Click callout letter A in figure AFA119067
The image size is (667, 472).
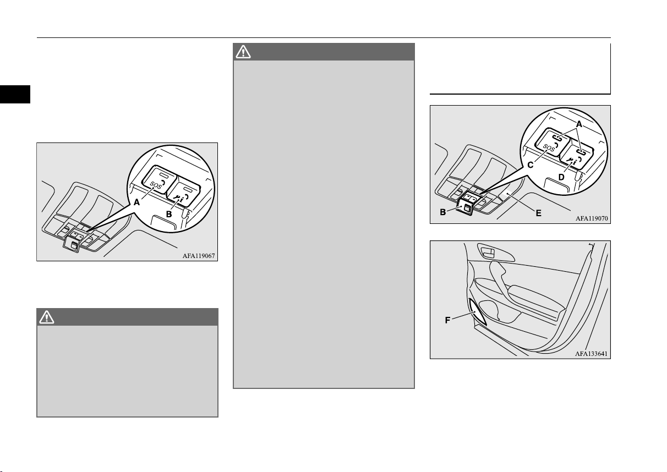136,202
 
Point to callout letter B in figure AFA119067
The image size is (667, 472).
169,215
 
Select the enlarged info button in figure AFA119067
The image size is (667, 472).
183,192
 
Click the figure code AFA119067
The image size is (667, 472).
199,256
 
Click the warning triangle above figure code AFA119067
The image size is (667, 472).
243,52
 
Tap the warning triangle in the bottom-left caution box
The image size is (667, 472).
47,317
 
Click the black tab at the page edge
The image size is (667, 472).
15,94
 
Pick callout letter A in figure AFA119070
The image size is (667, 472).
579,124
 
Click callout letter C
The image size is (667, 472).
531,165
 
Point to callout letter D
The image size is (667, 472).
561,177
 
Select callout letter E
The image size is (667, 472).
538,213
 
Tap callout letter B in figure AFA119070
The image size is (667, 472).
443,212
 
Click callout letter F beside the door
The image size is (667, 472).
447,320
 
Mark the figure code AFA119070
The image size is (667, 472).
592,218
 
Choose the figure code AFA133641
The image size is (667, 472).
591,354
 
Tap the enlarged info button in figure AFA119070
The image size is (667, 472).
577,155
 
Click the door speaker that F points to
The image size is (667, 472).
477,312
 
